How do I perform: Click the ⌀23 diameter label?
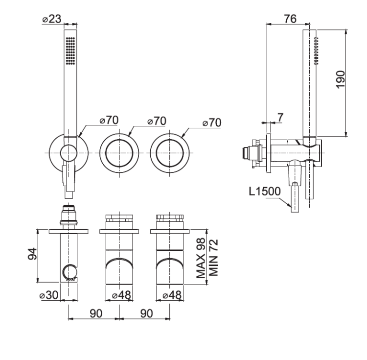[52, 19]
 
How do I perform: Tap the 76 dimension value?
[290, 19]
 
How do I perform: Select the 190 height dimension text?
[340, 79]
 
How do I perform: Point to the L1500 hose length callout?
[264, 192]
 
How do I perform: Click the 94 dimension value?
[32, 254]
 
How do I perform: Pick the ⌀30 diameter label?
[48, 295]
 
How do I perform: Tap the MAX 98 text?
[201, 258]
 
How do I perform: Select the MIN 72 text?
[213, 258]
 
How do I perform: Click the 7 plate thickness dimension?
[280, 118]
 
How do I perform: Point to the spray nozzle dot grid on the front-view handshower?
[70, 50]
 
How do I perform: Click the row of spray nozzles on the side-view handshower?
[316, 50]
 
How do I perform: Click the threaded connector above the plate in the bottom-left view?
[69, 215]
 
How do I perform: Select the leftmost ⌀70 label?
[109, 120]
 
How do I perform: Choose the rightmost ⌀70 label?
[211, 122]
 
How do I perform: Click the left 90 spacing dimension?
[96, 313]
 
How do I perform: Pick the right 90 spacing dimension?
[146, 313]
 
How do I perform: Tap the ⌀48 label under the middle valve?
[121, 295]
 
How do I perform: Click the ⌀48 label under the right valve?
[172, 295]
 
